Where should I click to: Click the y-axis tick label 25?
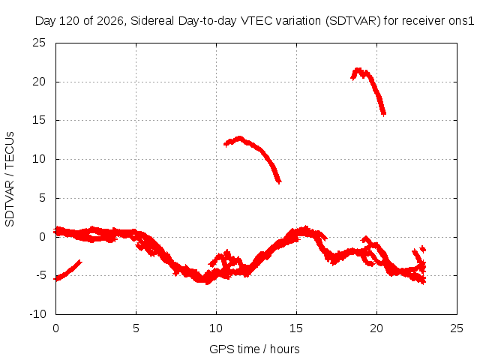pos(39,43)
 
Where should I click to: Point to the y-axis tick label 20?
pos(39,82)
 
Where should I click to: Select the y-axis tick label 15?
pos(39,120)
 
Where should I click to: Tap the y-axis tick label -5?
pos(41,275)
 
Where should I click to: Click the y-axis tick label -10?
pos(37,314)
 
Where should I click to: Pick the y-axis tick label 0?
pos(43,237)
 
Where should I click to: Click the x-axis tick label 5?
pos(136,328)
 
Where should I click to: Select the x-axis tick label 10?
pos(216,328)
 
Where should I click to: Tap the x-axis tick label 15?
pos(296,328)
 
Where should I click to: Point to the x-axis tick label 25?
pos(457,328)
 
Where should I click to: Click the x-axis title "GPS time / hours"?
pos(254,349)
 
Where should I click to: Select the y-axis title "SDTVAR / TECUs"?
pos(10,179)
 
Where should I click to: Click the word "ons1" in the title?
pos(461,21)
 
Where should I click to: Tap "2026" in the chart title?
pos(110,21)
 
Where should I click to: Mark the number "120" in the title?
pos(70,21)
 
